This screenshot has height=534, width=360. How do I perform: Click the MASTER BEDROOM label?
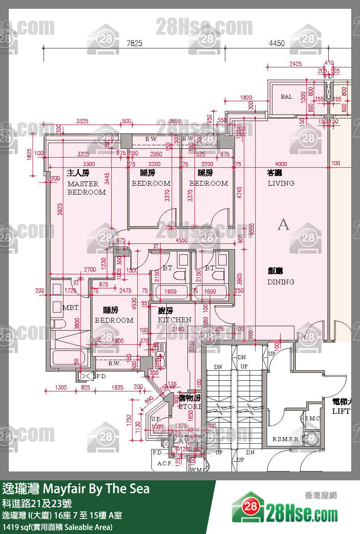coord(86,188)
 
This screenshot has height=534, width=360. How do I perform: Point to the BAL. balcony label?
coord(287,96)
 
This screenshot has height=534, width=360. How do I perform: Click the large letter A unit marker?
coord(283,225)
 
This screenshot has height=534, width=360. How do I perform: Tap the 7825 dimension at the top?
coord(134,43)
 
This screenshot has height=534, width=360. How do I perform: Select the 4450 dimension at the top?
coord(276,43)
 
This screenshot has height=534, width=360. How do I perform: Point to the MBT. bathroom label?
coord(71,307)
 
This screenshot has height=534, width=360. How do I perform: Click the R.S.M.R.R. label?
coord(286,439)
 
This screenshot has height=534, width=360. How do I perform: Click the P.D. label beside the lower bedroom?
coord(101,376)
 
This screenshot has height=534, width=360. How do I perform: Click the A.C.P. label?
coord(165,464)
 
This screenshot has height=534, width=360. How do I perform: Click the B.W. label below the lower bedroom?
coord(114,364)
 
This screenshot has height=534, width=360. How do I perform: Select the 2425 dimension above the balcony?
coord(295,64)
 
